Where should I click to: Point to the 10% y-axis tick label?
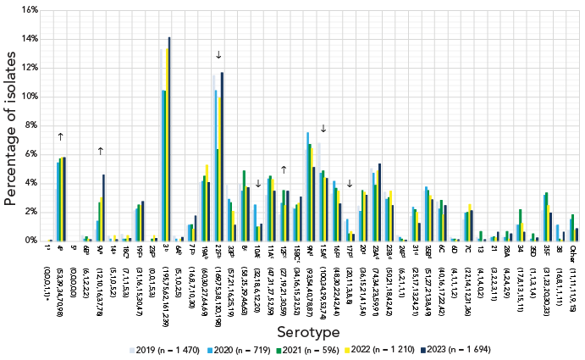click(29, 97)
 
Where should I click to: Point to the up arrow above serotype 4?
click(61, 136)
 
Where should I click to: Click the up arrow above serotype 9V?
click(101, 151)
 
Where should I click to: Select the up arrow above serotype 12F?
click(283, 169)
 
